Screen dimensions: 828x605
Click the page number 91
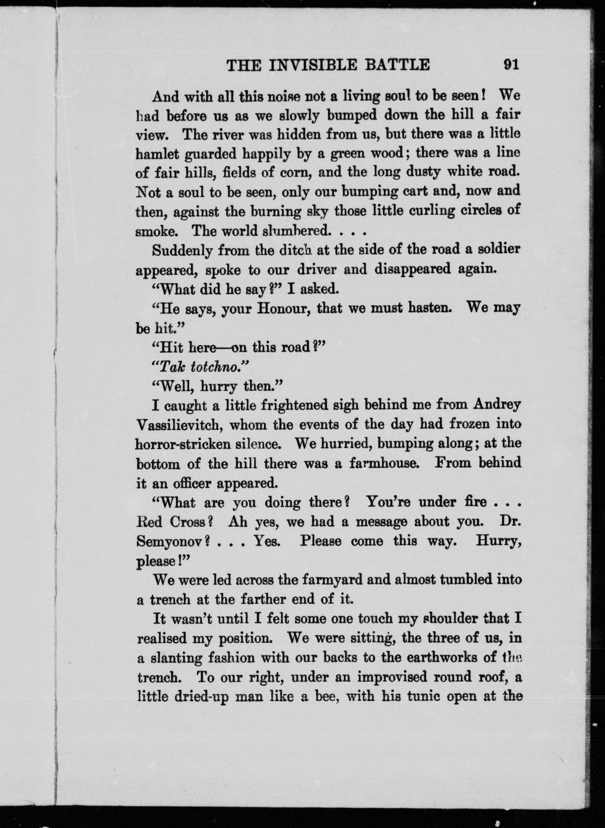point(511,65)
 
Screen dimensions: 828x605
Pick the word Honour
point(283,309)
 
